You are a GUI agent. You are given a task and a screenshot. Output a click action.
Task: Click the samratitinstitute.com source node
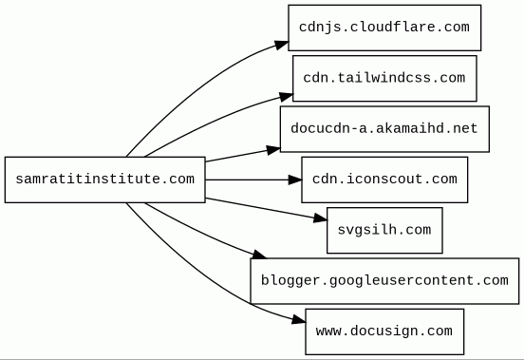[x=105, y=180]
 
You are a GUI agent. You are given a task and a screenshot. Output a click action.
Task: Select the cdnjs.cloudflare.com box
[x=384, y=28]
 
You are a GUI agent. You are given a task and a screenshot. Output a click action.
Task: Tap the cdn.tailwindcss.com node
[x=384, y=79]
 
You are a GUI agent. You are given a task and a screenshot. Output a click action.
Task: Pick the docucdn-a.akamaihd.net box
[x=384, y=129]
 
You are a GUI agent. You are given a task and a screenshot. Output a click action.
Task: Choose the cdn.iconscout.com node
[x=384, y=180]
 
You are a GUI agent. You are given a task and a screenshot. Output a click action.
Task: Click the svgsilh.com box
[x=384, y=230]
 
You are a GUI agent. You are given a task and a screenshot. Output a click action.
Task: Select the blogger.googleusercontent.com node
[x=384, y=281]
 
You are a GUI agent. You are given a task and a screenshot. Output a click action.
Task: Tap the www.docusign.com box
[x=384, y=332]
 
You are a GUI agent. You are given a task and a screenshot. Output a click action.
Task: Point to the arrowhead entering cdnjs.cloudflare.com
[x=282, y=45]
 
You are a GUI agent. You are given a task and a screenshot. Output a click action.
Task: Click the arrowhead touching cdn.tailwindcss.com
[x=287, y=97]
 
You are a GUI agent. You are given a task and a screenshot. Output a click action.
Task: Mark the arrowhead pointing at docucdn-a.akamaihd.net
[x=273, y=150]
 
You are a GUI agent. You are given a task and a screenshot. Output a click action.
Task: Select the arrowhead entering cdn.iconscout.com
[x=295, y=180]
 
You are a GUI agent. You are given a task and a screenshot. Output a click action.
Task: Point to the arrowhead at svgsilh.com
[x=321, y=218]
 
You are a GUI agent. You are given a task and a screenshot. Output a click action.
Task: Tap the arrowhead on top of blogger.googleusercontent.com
[x=259, y=255]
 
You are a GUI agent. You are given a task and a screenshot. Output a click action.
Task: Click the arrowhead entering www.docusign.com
[x=299, y=320]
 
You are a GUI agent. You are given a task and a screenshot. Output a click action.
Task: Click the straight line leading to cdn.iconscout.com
[x=247, y=180]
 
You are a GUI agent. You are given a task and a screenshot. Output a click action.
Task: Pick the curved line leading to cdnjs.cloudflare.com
[x=194, y=89]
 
